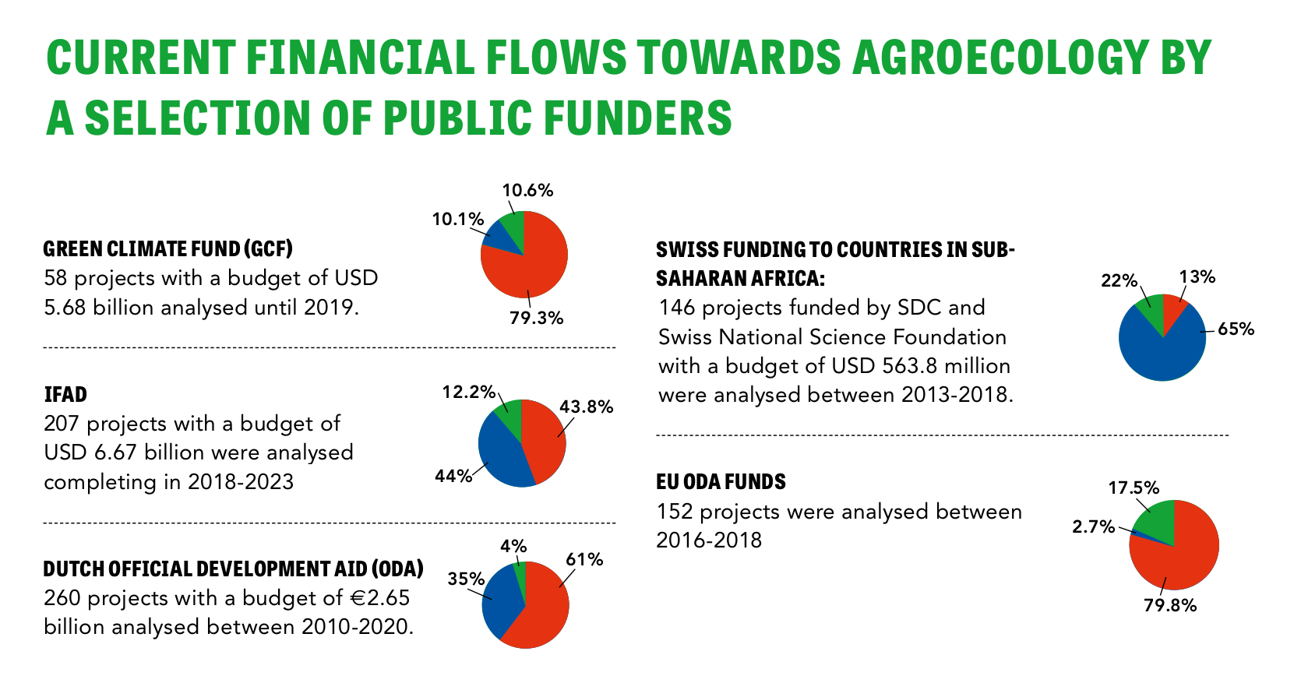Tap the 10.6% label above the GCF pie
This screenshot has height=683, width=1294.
(527, 191)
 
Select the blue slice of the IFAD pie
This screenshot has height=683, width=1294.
(499, 456)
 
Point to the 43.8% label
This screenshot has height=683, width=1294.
(586, 407)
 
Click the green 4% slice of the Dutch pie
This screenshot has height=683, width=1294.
(520, 572)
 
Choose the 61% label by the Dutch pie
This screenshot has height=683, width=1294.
(584, 560)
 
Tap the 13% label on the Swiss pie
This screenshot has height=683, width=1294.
(1197, 277)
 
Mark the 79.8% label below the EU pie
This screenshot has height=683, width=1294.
(1169, 605)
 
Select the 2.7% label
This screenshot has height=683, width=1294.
(1093, 527)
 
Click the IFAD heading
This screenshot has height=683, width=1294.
(65, 394)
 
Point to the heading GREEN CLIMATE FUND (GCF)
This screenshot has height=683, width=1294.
(167, 249)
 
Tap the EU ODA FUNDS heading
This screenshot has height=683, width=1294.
(721, 482)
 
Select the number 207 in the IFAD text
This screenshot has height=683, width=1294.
(62, 424)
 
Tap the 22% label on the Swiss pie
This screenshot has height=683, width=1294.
(1119, 281)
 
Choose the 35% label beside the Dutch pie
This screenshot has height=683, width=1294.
(466, 579)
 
